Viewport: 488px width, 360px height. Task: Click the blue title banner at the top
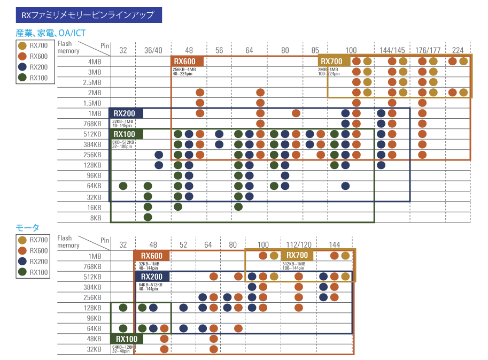click(89, 14)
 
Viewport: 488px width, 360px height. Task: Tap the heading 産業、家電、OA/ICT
click(50, 33)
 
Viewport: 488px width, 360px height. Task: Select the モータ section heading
click(27, 228)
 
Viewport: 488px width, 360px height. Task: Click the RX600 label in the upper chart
click(185, 62)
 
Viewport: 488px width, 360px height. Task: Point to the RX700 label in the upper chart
click(332, 62)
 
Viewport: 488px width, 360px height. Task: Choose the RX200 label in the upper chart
click(125, 113)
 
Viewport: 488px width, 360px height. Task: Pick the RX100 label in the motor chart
click(127, 339)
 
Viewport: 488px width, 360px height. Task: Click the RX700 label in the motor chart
click(298, 255)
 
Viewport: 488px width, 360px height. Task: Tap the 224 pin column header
click(458, 51)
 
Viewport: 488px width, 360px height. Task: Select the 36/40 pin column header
click(153, 51)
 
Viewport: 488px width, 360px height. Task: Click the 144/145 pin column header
click(392, 51)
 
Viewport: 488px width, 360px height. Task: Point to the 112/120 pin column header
click(299, 245)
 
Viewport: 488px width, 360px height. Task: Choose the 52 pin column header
click(183, 245)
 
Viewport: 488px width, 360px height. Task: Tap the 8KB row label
click(95, 218)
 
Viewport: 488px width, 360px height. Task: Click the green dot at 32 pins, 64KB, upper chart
click(123, 186)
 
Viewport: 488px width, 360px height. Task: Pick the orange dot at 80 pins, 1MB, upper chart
click(296, 113)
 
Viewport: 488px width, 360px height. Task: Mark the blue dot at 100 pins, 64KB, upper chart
click(345, 186)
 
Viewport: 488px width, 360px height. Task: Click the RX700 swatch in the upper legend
click(22, 46)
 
